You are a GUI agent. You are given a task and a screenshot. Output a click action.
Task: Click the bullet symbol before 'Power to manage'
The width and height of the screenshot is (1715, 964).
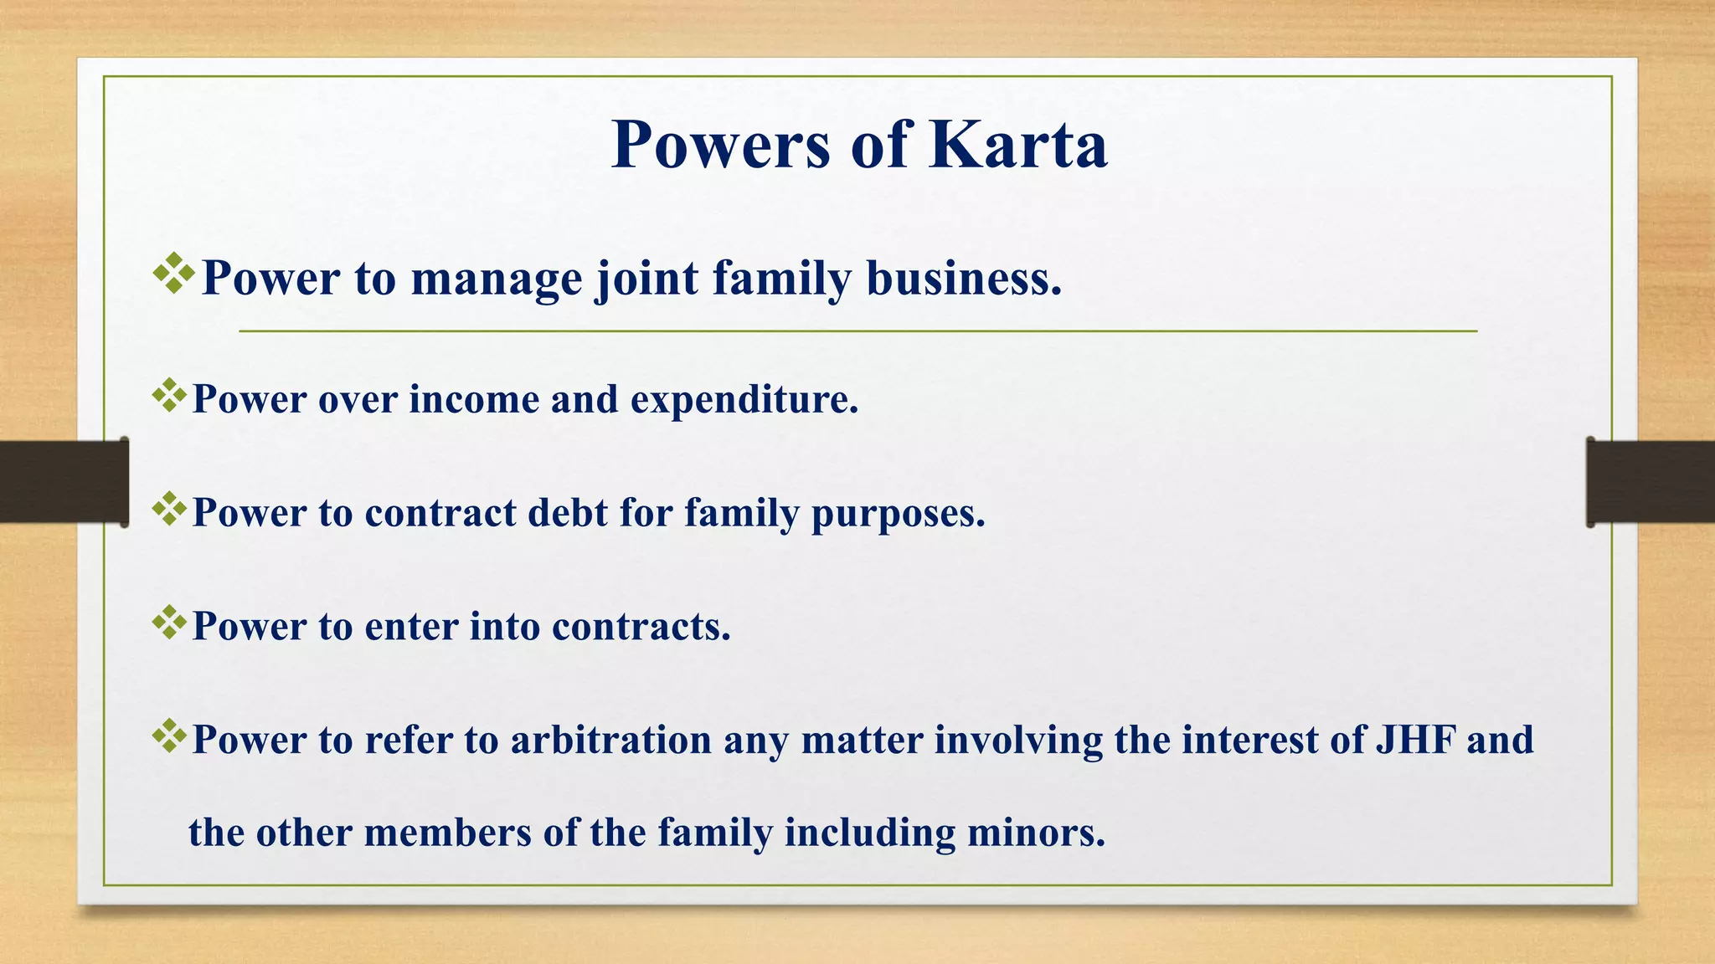tap(174, 273)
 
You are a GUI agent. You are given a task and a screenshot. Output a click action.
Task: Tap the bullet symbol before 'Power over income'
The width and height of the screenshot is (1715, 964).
tap(170, 395)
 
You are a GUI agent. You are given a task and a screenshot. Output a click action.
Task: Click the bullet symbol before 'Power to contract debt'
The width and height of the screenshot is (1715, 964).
tap(170, 509)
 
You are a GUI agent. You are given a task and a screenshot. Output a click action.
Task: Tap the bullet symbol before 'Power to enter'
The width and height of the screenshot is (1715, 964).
tap(170, 623)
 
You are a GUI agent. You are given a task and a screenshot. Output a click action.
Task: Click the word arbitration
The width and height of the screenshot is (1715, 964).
tap(610, 740)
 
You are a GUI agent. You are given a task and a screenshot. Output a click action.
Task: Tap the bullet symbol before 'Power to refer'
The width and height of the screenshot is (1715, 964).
tap(170, 736)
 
